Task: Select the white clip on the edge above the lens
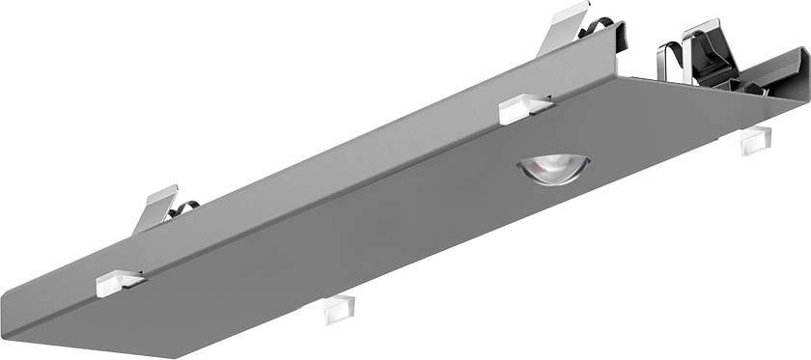click(525, 108)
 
